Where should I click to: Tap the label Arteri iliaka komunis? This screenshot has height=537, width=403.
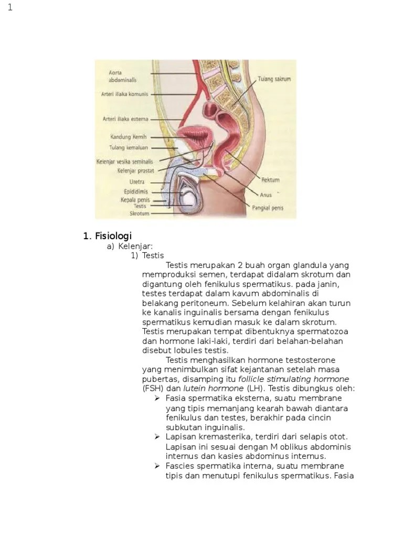click(x=124, y=94)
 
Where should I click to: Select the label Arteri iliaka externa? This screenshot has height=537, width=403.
click(x=125, y=119)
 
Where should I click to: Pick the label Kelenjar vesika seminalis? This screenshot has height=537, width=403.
click(x=125, y=162)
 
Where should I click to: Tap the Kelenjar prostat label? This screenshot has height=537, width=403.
click(x=132, y=170)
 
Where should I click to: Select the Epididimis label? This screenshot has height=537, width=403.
click(x=136, y=191)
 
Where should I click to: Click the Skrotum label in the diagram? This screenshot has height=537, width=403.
click(x=140, y=213)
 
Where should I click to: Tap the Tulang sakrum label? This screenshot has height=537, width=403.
click(x=274, y=80)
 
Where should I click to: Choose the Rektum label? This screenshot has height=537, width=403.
click(x=270, y=180)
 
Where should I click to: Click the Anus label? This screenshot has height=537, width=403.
click(x=266, y=195)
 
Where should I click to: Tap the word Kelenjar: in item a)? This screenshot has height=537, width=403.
click(x=135, y=246)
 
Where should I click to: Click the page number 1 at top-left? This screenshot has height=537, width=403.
click(x=10, y=7)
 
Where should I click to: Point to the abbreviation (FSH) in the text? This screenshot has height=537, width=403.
click(x=152, y=389)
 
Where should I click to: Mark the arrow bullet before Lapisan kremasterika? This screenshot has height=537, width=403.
click(x=157, y=436)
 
